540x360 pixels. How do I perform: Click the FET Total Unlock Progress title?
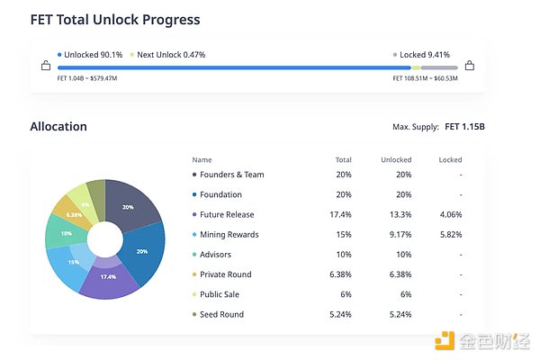click(x=115, y=19)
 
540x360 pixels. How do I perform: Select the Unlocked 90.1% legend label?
click(x=93, y=55)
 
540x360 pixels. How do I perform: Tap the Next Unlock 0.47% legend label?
click(x=171, y=55)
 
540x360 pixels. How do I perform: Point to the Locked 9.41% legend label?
click(x=425, y=55)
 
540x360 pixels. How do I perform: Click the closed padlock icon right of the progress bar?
click(x=469, y=66)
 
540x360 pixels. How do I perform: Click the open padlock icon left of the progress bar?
click(x=46, y=66)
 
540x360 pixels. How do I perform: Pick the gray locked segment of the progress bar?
click(x=438, y=67)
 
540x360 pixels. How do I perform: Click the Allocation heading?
click(x=58, y=127)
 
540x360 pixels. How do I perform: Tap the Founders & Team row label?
click(x=232, y=175)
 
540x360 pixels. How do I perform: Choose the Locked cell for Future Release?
click(x=450, y=214)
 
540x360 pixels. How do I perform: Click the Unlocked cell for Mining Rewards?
click(x=396, y=235)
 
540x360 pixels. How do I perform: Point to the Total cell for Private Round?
click(x=342, y=274)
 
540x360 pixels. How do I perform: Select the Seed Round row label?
click(x=222, y=314)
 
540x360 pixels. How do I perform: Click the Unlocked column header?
click(x=396, y=159)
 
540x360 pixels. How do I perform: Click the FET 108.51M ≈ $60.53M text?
click(x=425, y=78)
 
